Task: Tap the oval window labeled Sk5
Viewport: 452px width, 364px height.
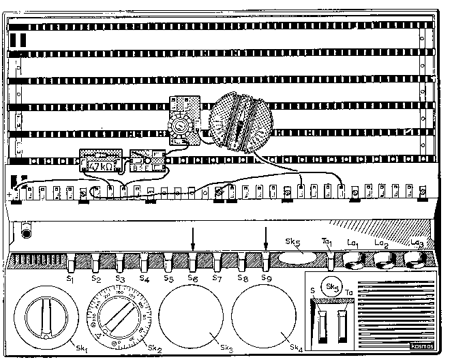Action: point(299,258)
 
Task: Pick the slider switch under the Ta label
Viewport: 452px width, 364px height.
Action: point(343,326)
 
